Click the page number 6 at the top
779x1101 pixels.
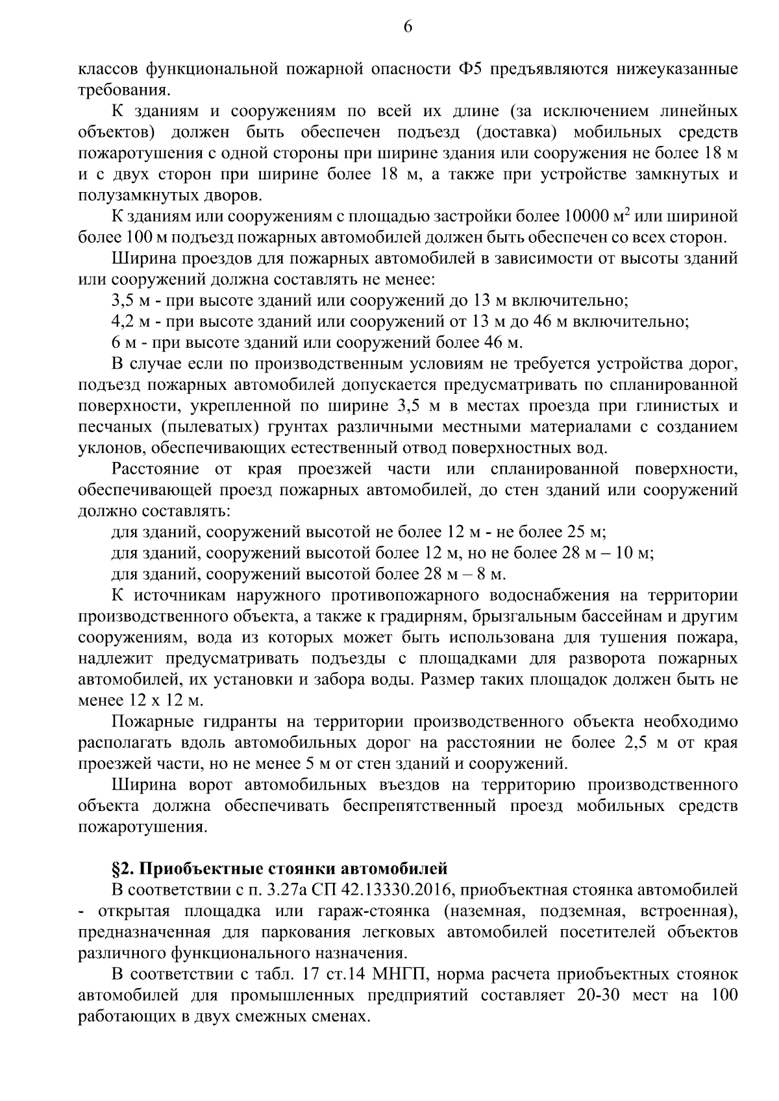click(408, 27)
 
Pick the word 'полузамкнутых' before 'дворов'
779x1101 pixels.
click(136, 195)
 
